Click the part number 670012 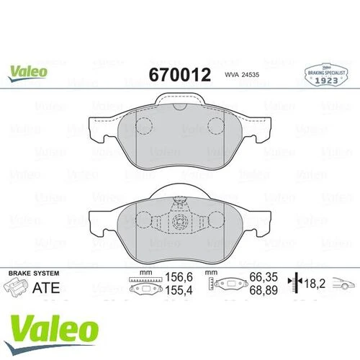point(179,74)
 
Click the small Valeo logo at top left point(29,71)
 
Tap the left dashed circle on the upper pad point(145,127)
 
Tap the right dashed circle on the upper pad point(216,127)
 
